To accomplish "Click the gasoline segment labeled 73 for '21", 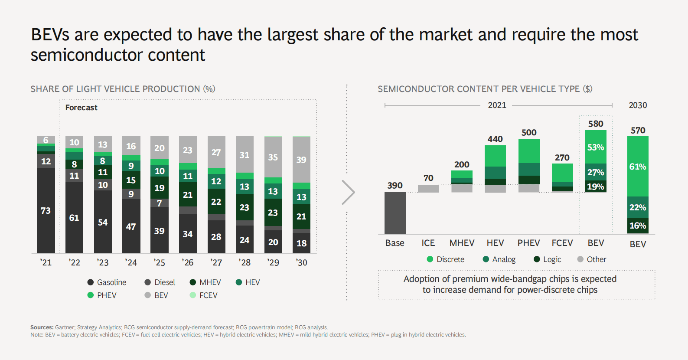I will (46, 210).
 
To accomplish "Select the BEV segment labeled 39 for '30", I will (301, 160).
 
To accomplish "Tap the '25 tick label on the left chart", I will (159, 262).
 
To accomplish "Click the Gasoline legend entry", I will (107, 282).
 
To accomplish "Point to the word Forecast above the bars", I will (81, 108).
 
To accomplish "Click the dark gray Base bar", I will (395, 213).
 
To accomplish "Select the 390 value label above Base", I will (395, 186).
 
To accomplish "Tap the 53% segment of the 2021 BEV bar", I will (596, 147).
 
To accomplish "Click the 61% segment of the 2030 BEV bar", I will (638, 167).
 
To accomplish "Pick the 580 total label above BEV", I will (596, 124).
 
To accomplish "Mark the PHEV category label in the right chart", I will (528, 243).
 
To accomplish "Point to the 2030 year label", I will (638, 105).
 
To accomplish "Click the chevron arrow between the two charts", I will (348, 192).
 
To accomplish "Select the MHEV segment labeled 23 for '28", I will (245, 207).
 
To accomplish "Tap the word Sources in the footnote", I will (42, 327).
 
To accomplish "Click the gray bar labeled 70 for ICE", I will (428, 189).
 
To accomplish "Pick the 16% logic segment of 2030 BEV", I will (638, 226).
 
